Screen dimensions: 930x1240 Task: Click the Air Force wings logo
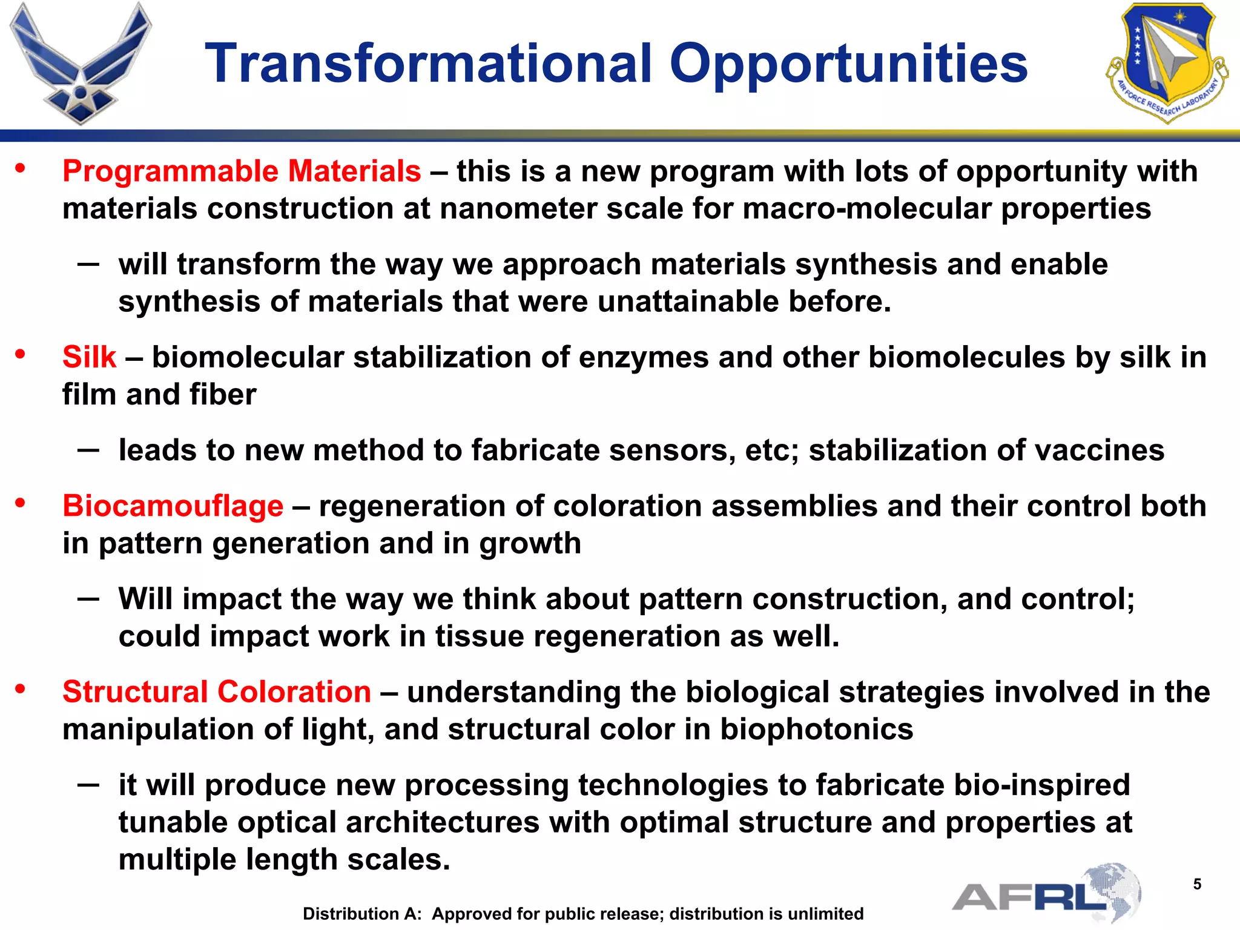(x=80, y=64)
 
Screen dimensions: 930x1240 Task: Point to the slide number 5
(x=1197, y=885)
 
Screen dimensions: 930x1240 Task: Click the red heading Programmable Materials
(x=242, y=171)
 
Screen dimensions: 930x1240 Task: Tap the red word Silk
(x=89, y=357)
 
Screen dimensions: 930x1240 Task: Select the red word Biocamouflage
(x=173, y=506)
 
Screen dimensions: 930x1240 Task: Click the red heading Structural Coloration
(x=217, y=691)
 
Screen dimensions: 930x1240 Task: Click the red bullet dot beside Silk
(x=21, y=354)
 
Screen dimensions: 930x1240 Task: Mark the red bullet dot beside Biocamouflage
(x=21, y=503)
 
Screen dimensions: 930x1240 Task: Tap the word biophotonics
(x=816, y=729)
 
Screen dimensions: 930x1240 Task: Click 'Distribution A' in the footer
(x=361, y=914)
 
